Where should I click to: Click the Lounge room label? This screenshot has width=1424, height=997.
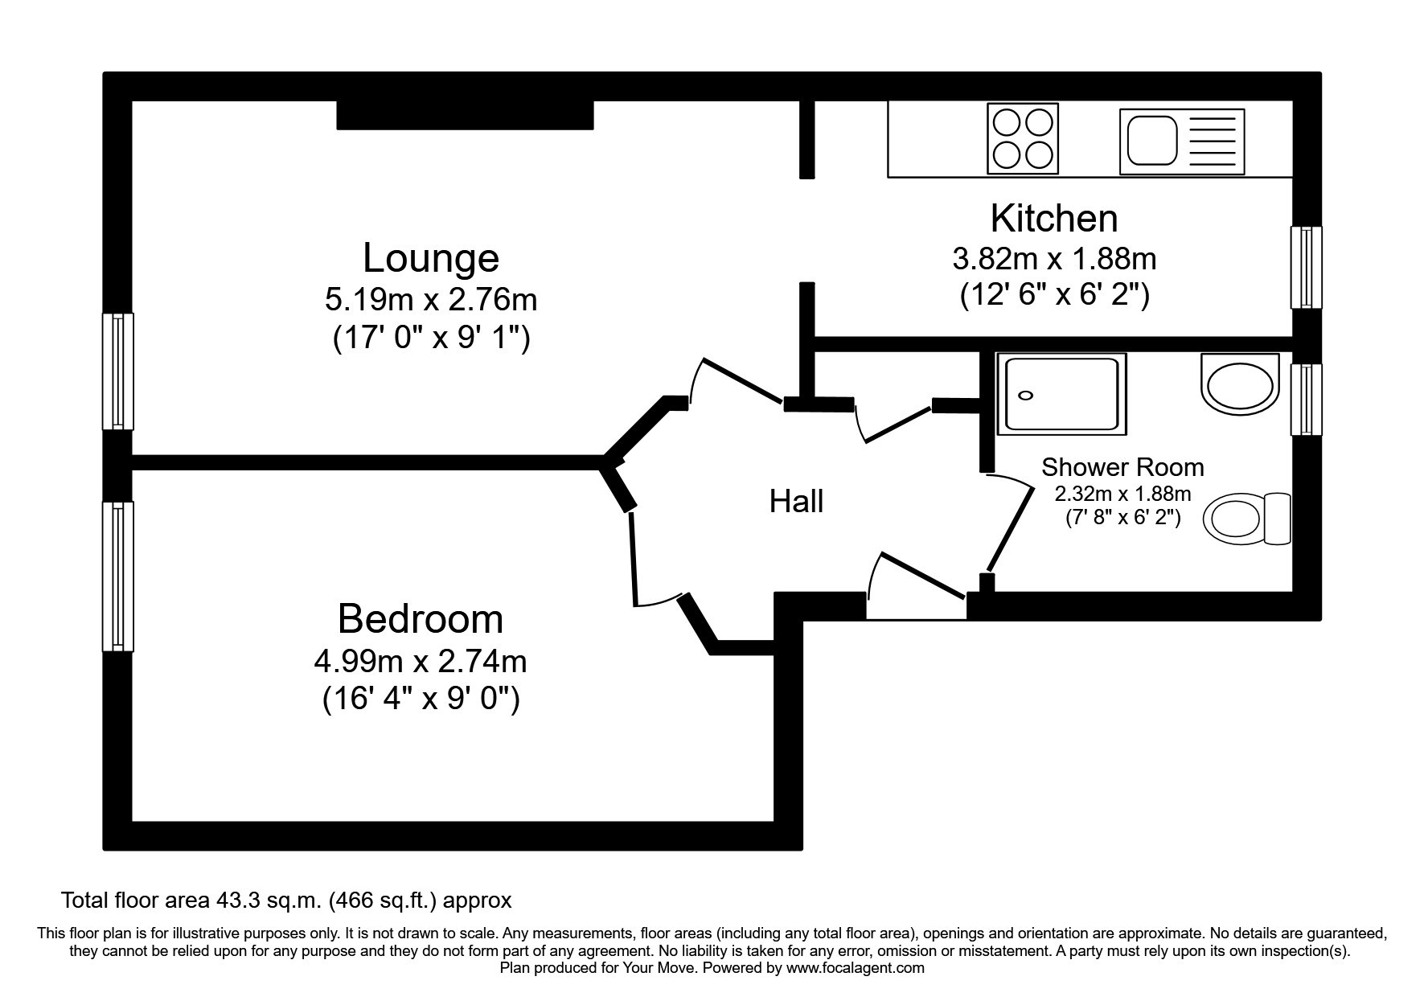pos(431,259)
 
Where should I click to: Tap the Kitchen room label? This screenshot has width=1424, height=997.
pos(1053,219)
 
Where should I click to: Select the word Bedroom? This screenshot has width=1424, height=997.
pos(420,620)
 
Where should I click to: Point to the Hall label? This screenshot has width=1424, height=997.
pos(796,502)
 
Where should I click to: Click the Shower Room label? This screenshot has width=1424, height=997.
pos(1122,467)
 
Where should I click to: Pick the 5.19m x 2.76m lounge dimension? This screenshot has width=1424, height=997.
pos(431,300)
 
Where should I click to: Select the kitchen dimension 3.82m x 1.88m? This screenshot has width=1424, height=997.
pos(1054,259)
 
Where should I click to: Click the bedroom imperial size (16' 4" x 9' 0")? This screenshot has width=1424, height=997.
pos(421,699)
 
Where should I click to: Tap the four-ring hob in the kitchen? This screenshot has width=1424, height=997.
pos(1022,138)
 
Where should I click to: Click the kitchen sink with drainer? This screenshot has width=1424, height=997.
pos(1181,141)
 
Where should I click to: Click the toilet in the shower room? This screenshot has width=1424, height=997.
pos(1246,518)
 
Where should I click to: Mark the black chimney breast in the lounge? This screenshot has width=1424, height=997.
pos(464,115)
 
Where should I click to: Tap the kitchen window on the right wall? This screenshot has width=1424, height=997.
pos(1306,267)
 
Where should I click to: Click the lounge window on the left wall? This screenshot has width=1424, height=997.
pos(118,371)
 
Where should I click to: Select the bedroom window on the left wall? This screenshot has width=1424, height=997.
pos(118,576)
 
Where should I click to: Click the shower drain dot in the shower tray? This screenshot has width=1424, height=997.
pos(1026,395)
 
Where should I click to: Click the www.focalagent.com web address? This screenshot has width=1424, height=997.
pos(855,968)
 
